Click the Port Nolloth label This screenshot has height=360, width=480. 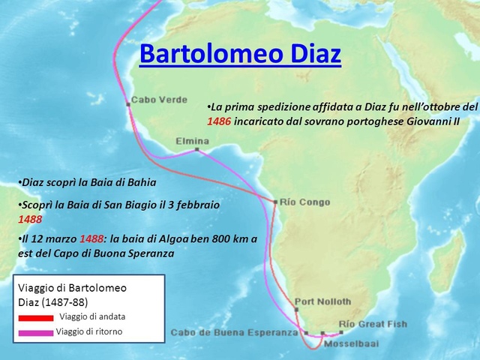pos(322,301)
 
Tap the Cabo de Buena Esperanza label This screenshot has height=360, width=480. pos(234,332)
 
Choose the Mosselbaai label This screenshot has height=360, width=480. pos(351,345)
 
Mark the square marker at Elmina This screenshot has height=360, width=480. pos(196,150)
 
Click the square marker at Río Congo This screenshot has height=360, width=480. pos(275,202)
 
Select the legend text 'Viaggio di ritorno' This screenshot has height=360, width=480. pos(88,331)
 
